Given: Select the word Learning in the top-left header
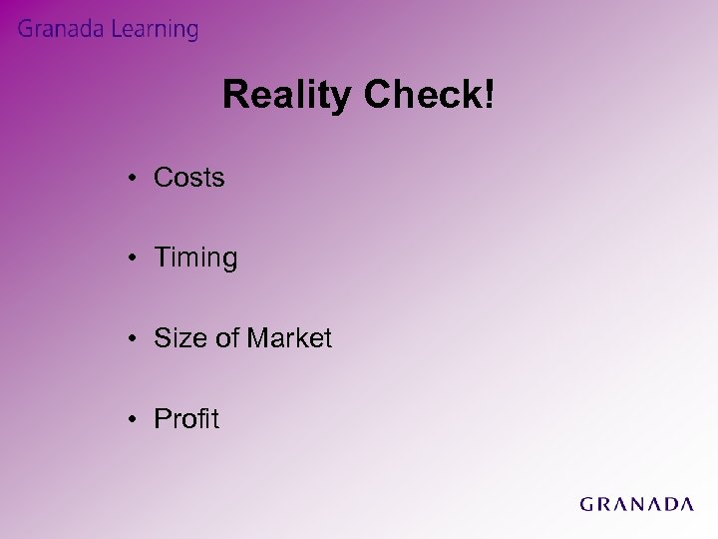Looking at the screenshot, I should click(154, 31).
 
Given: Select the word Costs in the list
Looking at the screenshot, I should click(189, 179).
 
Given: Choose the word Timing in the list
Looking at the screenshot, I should click(195, 260).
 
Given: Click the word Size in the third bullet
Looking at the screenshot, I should click(177, 339).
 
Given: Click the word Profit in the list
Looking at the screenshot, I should click(186, 419).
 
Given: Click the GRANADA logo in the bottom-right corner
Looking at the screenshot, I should click(636, 504).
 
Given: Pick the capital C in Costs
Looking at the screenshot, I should click(164, 179).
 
